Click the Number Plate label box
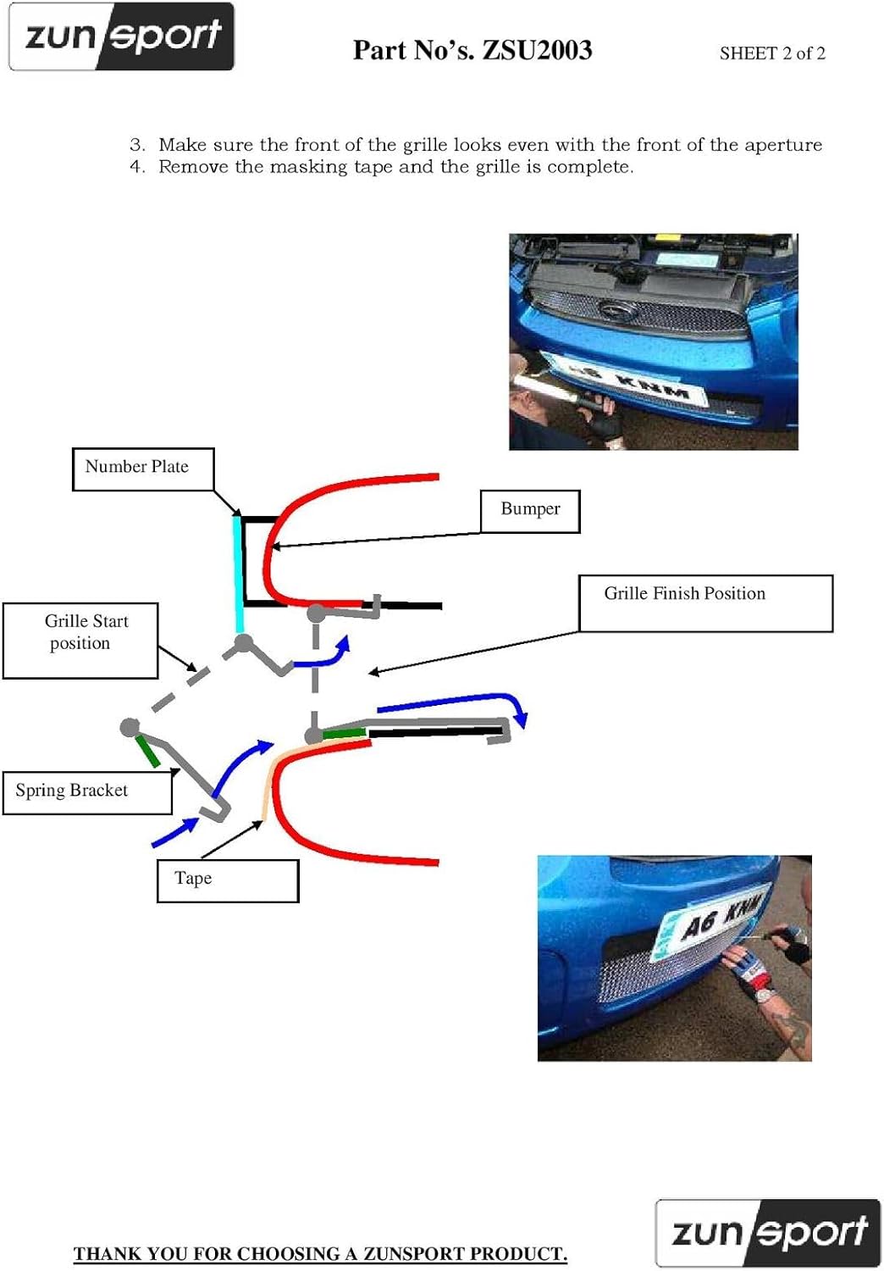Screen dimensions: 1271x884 pos(142,469)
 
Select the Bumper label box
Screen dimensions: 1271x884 pos(530,511)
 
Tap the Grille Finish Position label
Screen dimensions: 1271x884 pos(704,602)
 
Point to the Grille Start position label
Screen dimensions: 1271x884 pos(80,640)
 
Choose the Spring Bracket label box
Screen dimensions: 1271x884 pos(87,791)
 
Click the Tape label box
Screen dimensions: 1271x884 pos(227,880)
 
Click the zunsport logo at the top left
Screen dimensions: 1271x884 pos(122,37)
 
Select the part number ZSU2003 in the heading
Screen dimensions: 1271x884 pos(537,51)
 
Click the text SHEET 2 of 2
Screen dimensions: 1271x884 pos(772,53)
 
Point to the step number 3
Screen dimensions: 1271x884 pos(137,145)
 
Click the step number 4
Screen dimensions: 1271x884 pos(137,167)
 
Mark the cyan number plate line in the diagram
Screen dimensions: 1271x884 pos(238,573)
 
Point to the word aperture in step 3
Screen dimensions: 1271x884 pos(782,145)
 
